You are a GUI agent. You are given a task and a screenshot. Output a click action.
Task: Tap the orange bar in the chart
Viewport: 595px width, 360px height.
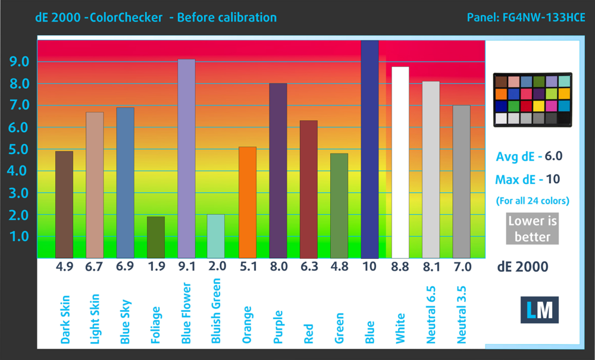(x=247, y=202)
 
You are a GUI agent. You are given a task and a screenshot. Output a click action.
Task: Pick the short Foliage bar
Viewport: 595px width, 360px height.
(x=155, y=237)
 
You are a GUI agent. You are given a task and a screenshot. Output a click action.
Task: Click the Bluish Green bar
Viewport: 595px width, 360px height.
(x=217, y=236)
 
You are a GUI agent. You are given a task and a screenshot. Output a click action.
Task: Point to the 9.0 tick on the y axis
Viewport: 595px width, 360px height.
(x=18, y=62)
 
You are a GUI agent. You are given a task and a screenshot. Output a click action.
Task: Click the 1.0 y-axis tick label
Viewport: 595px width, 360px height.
(x=18, y=237)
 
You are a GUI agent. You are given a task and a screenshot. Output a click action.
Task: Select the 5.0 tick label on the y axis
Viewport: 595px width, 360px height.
(x=18, y=149)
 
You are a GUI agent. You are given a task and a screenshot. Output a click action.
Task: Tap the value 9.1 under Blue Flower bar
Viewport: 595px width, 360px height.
(x=186, y=267)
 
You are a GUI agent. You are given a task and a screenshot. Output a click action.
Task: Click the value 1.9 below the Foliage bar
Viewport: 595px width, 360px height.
(x=155, y=267)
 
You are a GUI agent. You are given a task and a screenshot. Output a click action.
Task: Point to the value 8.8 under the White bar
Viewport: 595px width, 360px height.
(x=400, y=267)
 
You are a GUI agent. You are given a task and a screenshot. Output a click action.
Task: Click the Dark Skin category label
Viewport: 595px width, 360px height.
(x=65, y=320)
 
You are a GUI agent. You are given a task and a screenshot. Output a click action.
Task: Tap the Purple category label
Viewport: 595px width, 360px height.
(x=278, y=325)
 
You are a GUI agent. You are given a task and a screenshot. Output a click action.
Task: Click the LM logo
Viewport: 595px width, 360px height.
(x=539, y=309)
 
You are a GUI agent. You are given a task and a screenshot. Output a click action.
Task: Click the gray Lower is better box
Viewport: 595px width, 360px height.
(x=533, y=228)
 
